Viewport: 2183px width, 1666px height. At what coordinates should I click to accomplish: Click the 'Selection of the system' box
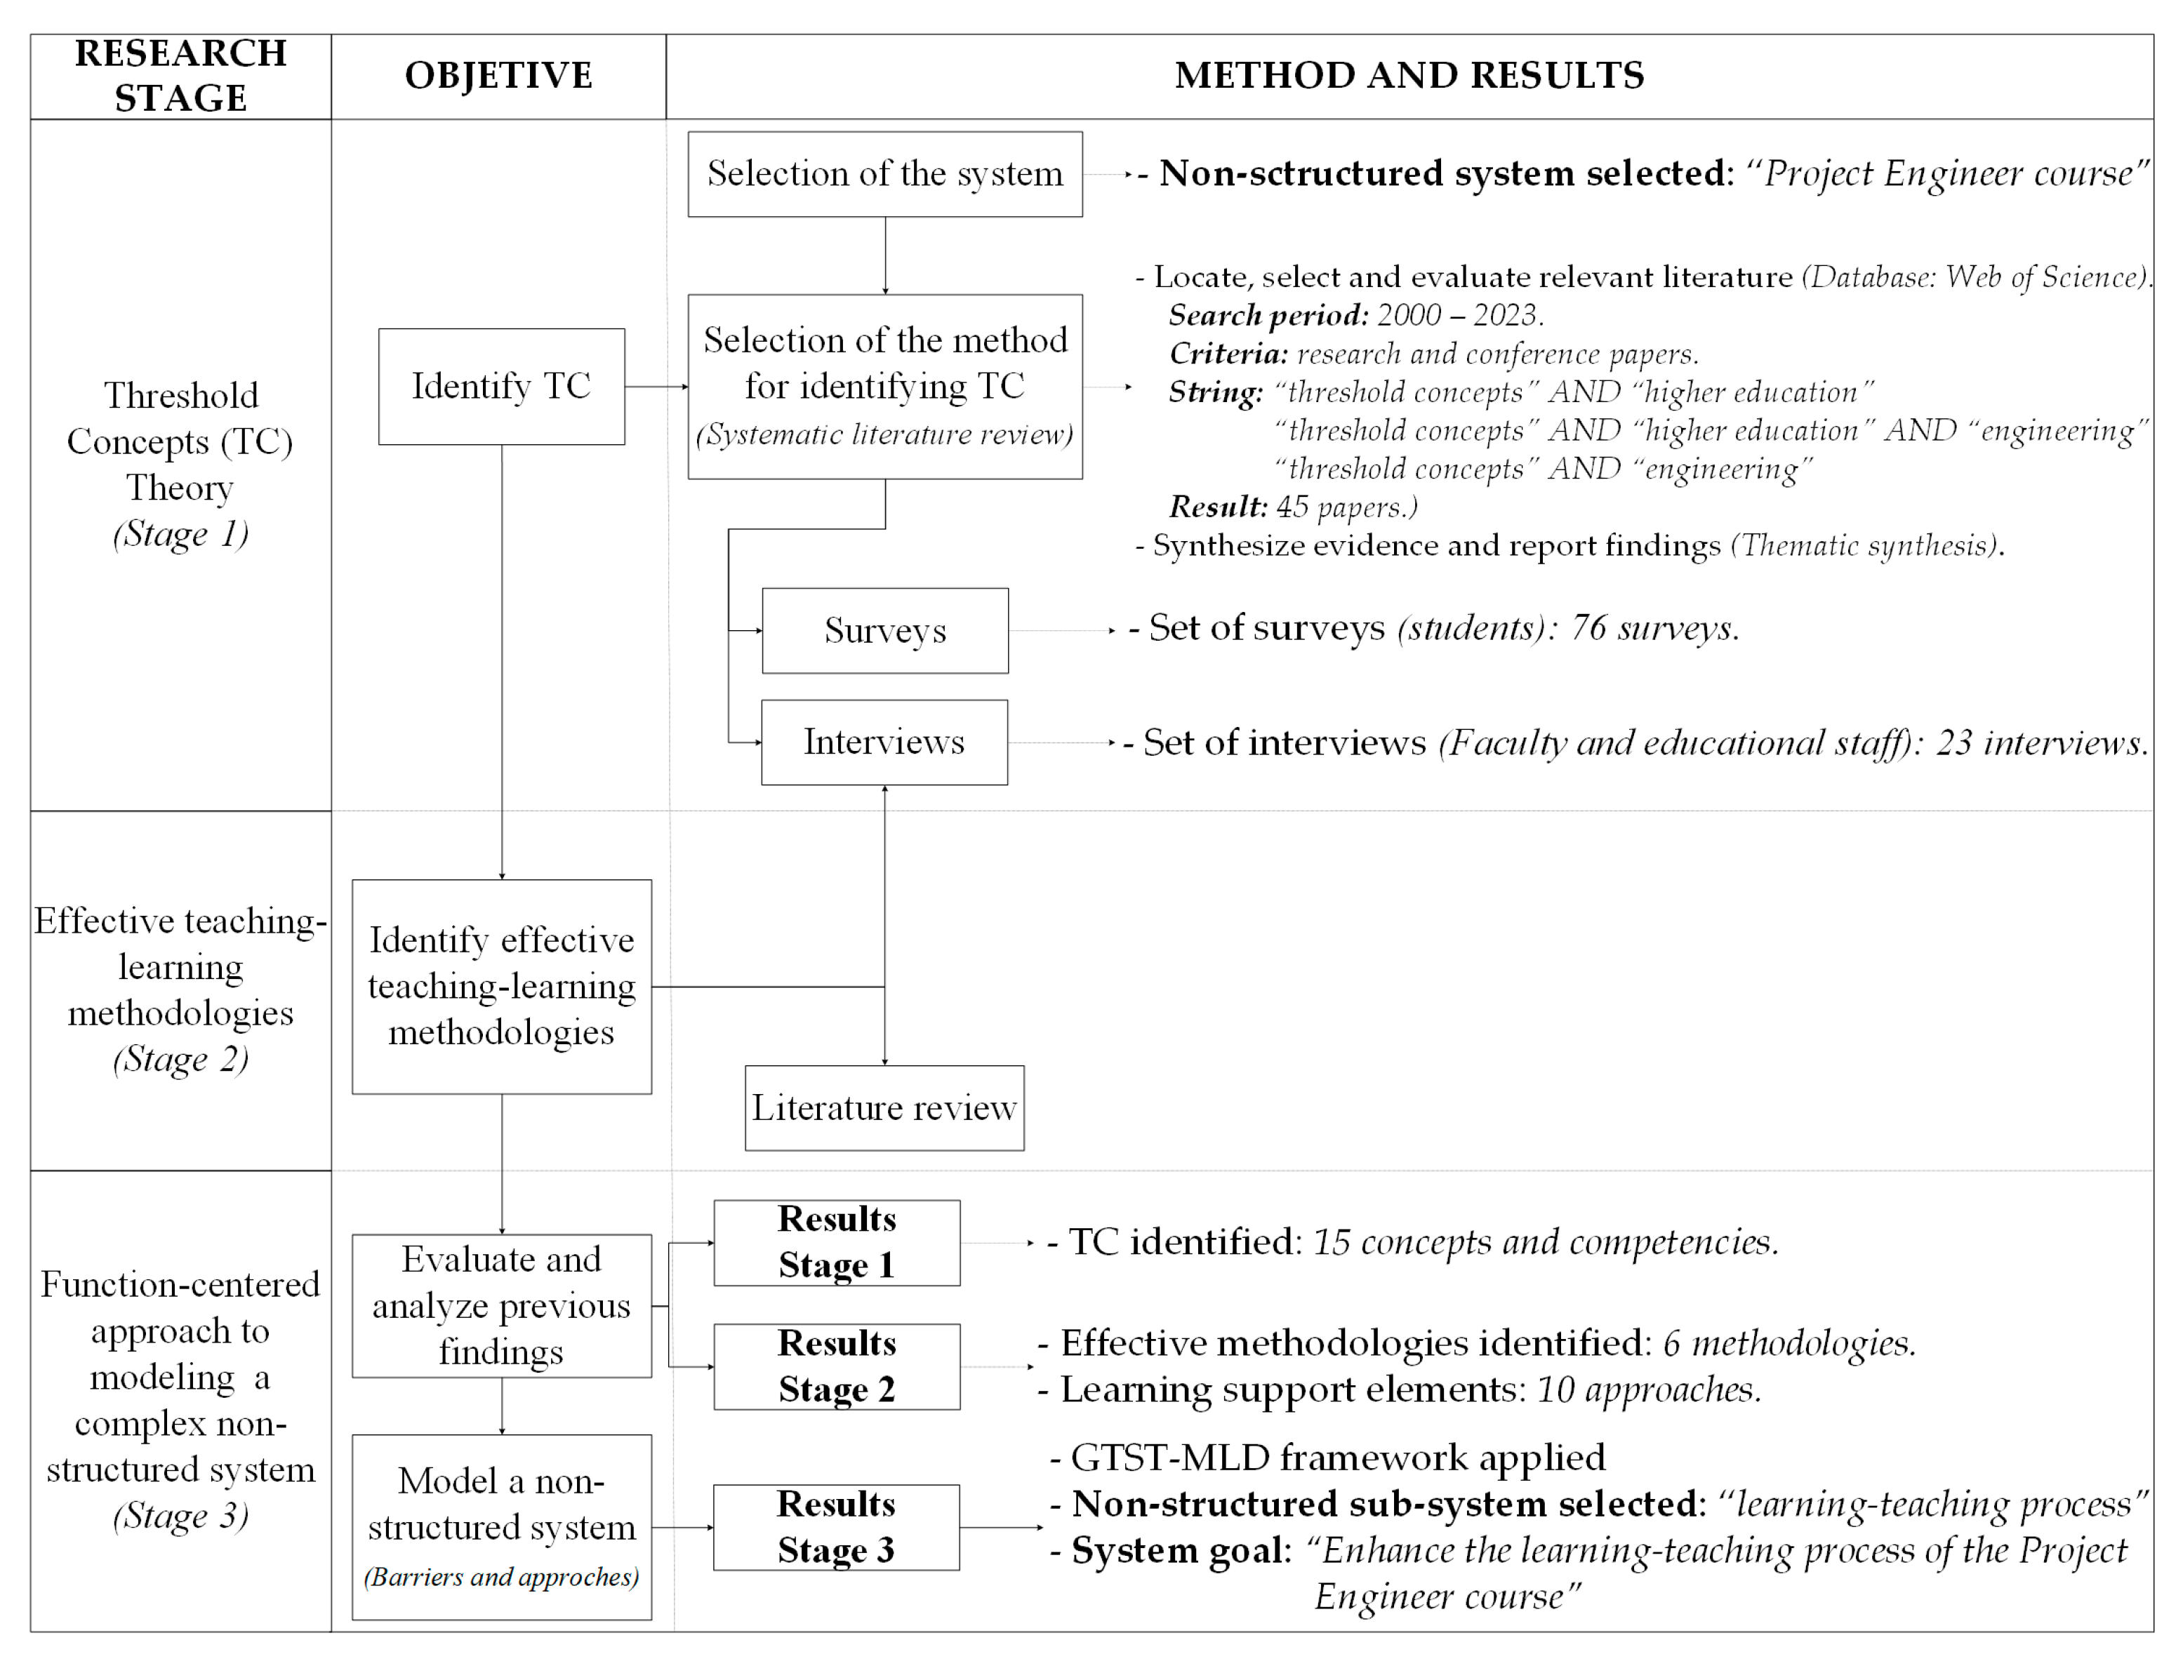tap(884, 175)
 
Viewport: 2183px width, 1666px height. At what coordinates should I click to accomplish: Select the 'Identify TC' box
tap(501, 387)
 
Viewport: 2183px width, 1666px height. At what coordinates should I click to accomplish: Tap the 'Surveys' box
tap(884, 631)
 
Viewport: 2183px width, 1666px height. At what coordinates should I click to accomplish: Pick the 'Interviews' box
tap(884, 742)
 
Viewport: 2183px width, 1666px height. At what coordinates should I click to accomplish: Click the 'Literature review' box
tap(884, 1107)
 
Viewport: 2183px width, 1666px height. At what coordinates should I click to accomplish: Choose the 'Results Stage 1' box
tap(836, 1243)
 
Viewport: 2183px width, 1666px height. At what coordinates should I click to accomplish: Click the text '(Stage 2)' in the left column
tap(180, 1059)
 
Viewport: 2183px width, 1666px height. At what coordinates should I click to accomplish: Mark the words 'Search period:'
tap(1268, 315)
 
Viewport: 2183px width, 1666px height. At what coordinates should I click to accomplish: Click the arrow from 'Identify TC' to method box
tap(656, 387)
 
